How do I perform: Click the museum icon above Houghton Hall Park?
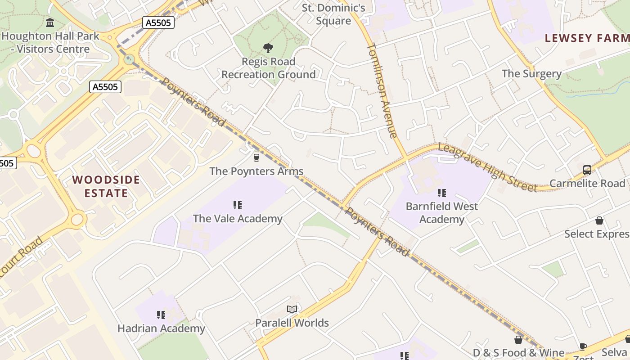click(x=50, y=22)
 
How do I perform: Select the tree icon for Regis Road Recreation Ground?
click(x=268, y=48)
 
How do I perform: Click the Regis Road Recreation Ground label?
click(x=269, y=68)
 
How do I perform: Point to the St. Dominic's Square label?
click(x=333, y=14)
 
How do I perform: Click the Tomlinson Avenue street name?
click(x=382, y=90)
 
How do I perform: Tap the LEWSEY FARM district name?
click(x=587, y=38)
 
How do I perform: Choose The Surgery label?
click(x=531, y=73)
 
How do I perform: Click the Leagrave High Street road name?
click(x=487, y=167)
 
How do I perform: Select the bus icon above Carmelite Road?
click(x=587, y=170)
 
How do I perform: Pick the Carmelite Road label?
click(x=587, y=183)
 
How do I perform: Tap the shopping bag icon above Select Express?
click(x=599, y=220)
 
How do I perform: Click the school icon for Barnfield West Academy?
click(x=442, y=193)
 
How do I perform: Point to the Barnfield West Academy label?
click(x=442, y=213)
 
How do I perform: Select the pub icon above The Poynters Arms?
click(x=256, y=158)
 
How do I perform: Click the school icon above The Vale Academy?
click(x=238, y=206)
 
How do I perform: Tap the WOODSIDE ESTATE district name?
click(x=106, y=186)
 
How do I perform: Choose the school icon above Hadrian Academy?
click(x=161, y=315)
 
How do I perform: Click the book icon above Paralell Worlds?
click(x=292, y=310)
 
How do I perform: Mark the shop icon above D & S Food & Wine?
click(x=518, y=340)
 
